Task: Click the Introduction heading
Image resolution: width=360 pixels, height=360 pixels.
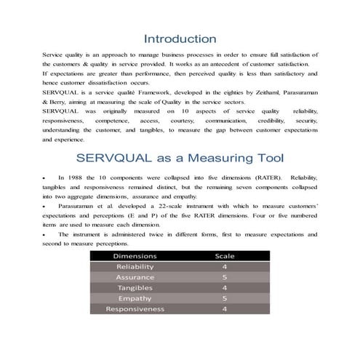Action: pyautogui.click(x=180, y=38)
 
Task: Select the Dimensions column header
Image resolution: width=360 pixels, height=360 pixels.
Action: pyautogui.click(x=135, y=256)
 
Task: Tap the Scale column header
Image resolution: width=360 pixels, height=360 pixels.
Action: pyautogui.click(x=225, y=256)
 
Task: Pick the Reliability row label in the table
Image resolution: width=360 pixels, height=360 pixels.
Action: pyautogui.click(x=135, y=267)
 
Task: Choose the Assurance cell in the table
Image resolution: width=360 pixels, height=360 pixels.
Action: pyautogui.click(x=135, y=277)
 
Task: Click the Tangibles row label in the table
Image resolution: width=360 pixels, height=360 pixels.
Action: pyautogui.click(x=135, y=288)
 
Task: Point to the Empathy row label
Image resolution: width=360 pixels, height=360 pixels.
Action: pyautogui.click(x=135, y=298)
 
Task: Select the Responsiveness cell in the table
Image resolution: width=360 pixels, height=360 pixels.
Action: pyautogui.click(x=135, y=309)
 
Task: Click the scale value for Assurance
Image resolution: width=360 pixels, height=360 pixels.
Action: pyautogui.click(x=225, y=277)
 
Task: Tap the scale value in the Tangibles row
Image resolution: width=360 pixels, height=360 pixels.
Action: pyautogui.click(x=225, y=288)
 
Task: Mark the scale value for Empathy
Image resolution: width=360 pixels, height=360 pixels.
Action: pyautogui.click(x=225, y=298)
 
